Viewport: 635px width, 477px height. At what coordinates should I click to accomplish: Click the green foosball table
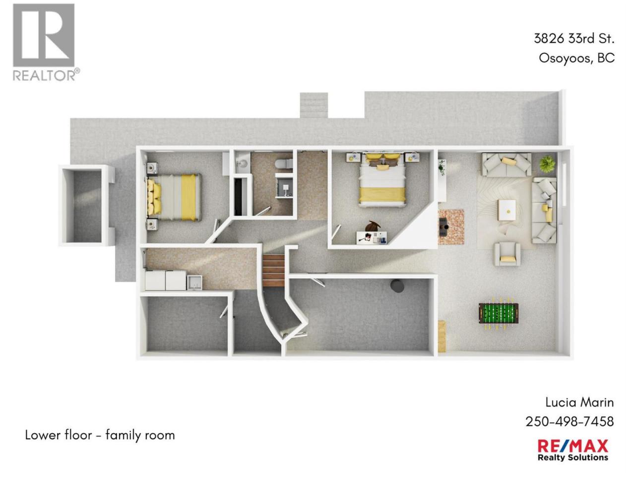pos(498,314)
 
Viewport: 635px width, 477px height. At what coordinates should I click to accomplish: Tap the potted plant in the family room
pos(547,164)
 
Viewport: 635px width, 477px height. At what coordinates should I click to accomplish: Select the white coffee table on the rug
pos(507,210)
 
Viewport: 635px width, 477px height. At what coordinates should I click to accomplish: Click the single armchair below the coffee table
pos(507,254)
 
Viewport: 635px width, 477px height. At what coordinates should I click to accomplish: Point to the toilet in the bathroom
pos(283,163)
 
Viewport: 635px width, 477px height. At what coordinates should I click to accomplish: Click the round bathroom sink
pos(242,163)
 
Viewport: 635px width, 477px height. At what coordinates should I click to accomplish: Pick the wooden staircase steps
pos(273,270)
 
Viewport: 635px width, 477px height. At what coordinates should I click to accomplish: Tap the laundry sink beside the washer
pos(194,282)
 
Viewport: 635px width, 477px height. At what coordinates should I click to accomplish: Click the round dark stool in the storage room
pos(396,286)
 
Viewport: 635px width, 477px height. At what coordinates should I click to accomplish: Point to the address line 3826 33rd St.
pos(574,39)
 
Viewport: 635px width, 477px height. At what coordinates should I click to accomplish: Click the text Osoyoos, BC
pos(576,58)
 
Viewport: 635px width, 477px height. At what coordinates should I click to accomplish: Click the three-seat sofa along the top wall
pos(506,164)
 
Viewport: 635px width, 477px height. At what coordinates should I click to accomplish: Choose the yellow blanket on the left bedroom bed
pos(188,197)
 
